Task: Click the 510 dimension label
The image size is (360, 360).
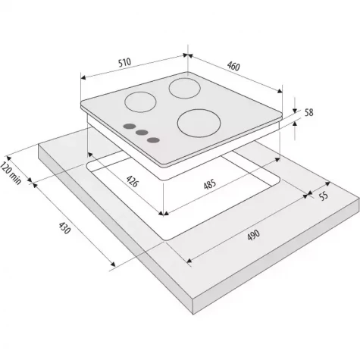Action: [125, 62]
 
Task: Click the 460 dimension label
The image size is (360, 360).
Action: [233, 66]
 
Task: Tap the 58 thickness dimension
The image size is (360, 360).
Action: [308, 112]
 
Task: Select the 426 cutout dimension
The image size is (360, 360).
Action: [132, 181]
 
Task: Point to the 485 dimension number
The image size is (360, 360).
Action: [210, 184]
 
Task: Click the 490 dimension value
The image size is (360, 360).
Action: [253, 235]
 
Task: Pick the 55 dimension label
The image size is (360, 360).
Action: [324, 196]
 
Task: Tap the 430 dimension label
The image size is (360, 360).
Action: [64, 227]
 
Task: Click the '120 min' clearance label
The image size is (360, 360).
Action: [11, 173]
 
